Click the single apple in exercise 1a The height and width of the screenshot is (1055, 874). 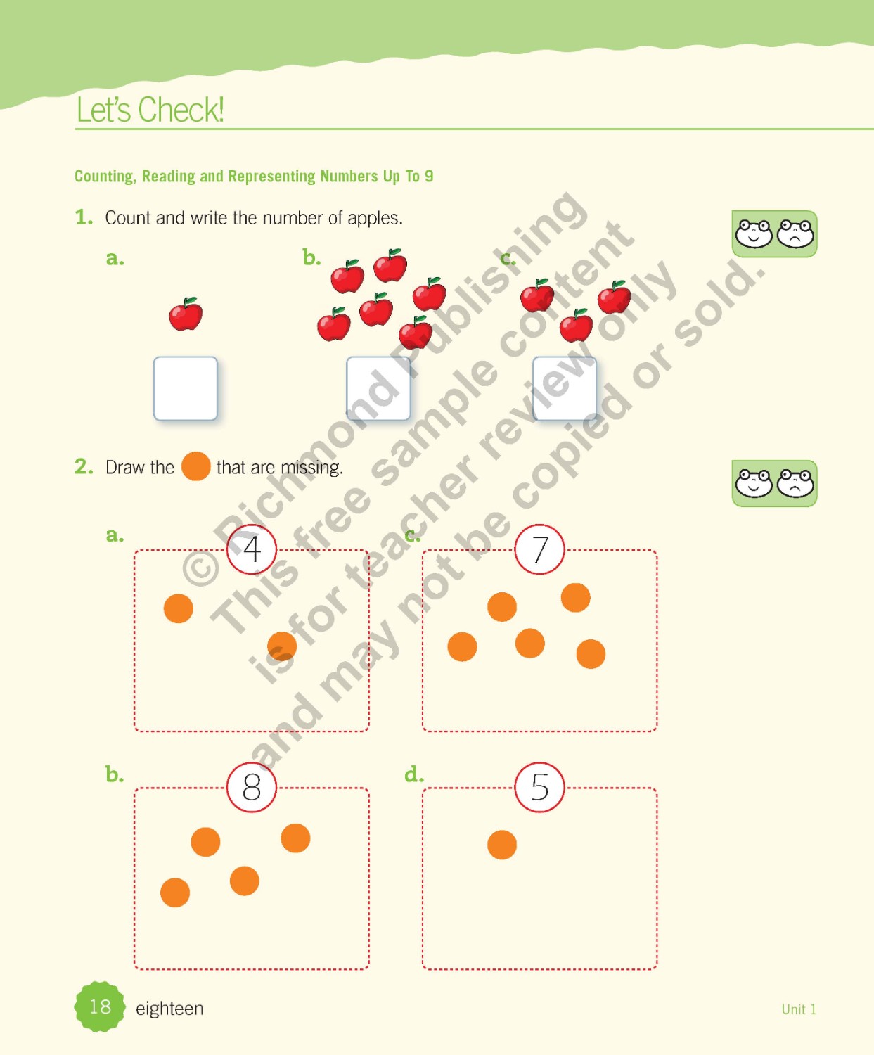pos(186,314)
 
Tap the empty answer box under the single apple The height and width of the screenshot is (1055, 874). pos(186,388)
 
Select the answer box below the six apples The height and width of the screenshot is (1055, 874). pos(378,388)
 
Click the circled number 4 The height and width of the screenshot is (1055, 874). pos(252,549)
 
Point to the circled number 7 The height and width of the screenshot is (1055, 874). pos(539,549)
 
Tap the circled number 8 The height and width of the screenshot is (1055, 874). pos(252,787)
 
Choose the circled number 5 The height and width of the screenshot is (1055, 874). pos(539,787)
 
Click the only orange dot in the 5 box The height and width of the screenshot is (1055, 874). pos(502,845)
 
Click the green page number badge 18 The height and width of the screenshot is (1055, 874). pos(100,1006)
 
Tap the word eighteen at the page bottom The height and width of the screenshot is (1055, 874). pos(169,1009)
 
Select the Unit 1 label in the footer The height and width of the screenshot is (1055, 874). pos(799,1009)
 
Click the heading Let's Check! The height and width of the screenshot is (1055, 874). pos(150,109)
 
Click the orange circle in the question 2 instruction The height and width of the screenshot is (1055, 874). pos(196,466)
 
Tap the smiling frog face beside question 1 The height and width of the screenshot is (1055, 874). pos(754,234)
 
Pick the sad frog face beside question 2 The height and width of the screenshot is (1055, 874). pos(796,483)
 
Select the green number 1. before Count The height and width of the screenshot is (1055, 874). pos(84,218)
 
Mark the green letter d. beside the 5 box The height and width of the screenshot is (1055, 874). pos(414,774)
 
